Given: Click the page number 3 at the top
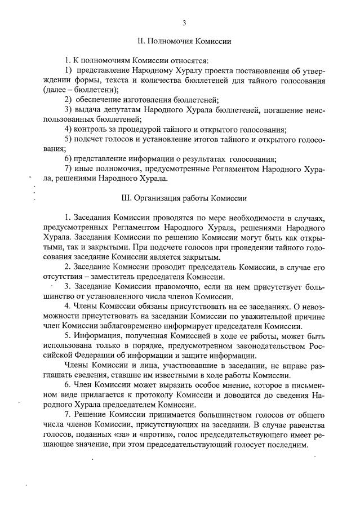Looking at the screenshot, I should pyautogui.click(x=184, y=23).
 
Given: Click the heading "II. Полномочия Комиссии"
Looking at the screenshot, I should pyautogui.click(x=184, y=42).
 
